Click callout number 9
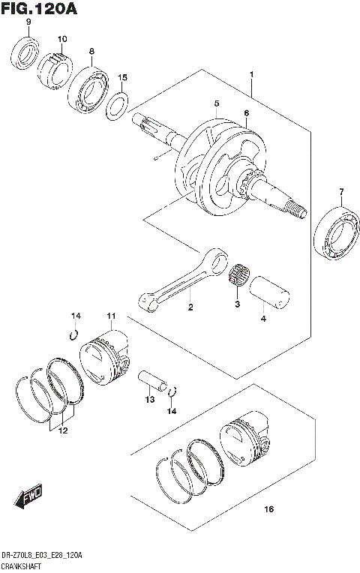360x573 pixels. pyautogui.click(x=28, y=22)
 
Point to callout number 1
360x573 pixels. pyautogui.click(x=252, y=76)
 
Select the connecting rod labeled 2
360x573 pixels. pyautogui.click(x=184, y=281)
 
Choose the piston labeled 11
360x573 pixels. pyautogui.click(x=104, y=357)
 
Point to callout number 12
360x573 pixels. pyautogui.click(x=64, y=430)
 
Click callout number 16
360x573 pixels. pyautogui.click(x=269, y=511)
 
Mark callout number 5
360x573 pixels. pyautogui.click(x=215, y=103)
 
